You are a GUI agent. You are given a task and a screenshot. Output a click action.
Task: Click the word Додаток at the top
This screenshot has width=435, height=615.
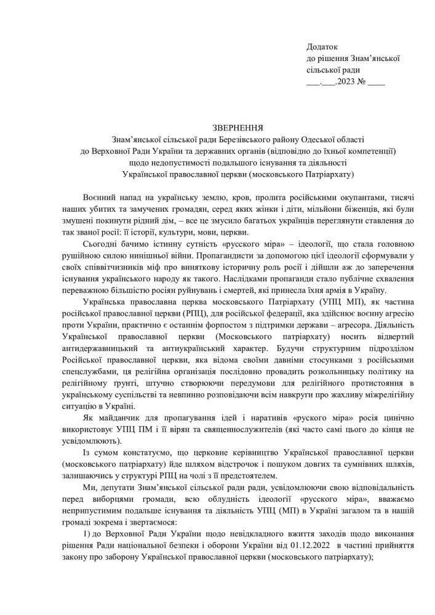(x=322, y=47)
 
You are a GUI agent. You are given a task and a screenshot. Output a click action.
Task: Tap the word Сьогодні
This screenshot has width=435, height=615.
(x=102, y=244)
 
